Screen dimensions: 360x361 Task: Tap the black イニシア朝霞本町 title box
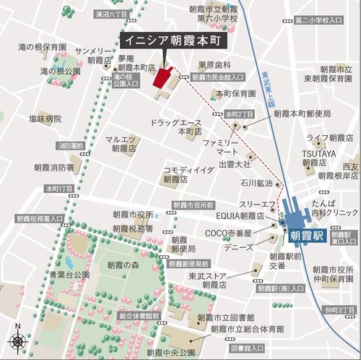168,40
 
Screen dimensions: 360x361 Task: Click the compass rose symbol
17,342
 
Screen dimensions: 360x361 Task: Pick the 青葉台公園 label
69,275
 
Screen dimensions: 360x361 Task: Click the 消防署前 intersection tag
71,146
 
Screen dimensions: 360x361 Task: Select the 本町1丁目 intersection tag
59,189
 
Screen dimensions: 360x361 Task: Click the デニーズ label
238,247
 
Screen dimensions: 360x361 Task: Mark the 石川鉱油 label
256,183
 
